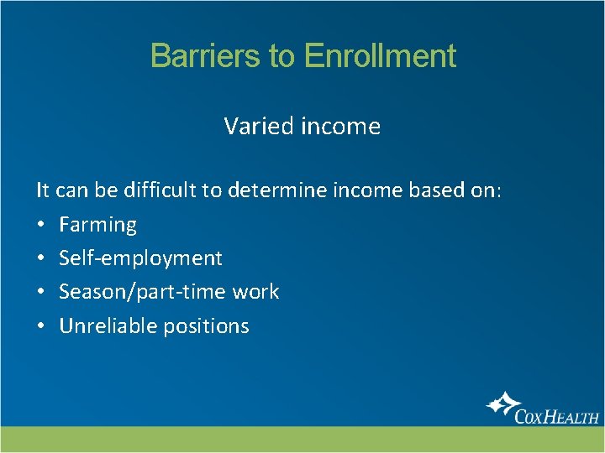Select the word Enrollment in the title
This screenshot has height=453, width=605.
tap(380, 56)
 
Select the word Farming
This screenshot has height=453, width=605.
tap(97, 225)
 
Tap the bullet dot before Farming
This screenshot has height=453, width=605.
tap(41, 226)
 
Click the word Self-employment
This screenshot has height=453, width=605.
tap(140, 258)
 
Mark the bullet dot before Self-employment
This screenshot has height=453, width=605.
tap(41, 259)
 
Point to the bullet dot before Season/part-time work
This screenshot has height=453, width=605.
tap(41, 293)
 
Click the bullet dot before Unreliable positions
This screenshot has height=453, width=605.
tap(41, 326)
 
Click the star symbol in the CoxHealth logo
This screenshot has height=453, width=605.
tap(503, 406)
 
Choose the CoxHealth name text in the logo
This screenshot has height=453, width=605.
tap(556, 416)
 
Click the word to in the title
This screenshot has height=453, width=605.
tap(282, 56)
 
